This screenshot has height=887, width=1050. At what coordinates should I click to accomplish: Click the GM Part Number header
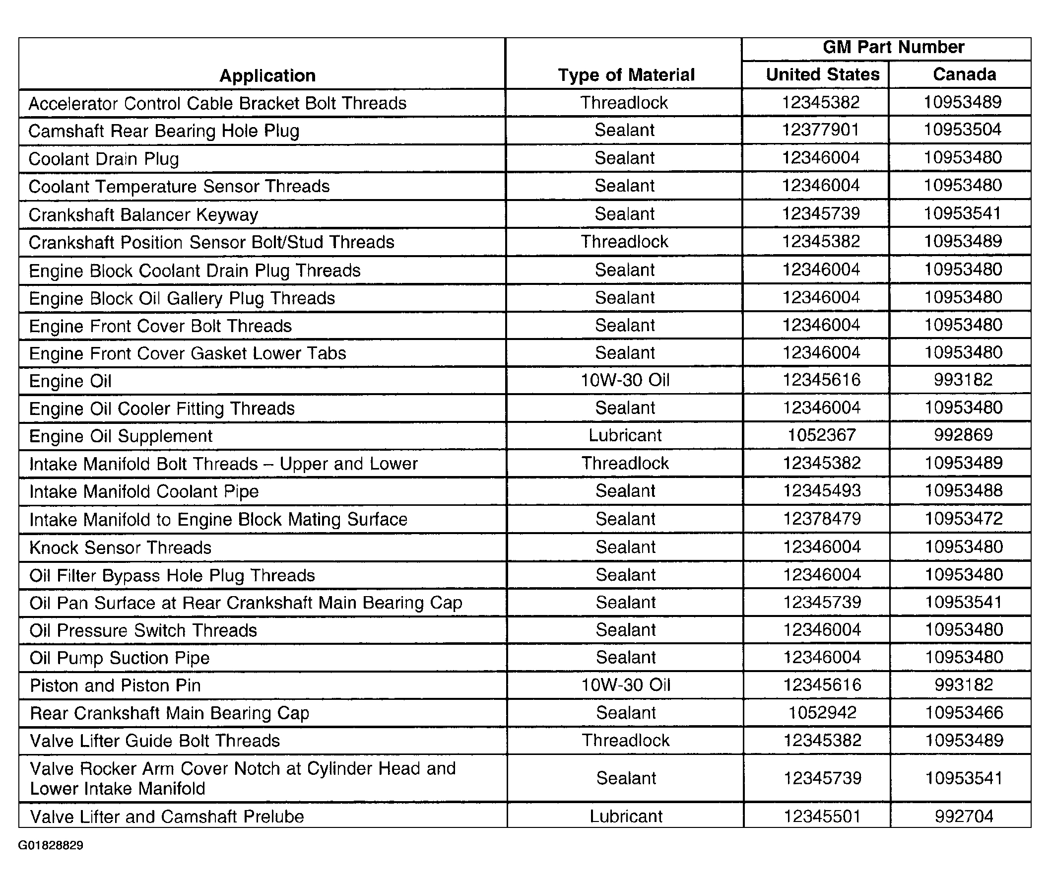[893, 47]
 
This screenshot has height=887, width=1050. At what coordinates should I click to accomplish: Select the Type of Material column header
[626, 75]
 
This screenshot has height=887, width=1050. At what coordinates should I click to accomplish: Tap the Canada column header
[964, 74]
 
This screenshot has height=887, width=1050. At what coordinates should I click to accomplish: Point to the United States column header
[822, 74]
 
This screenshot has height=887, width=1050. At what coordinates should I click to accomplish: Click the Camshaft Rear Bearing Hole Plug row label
[164, 131]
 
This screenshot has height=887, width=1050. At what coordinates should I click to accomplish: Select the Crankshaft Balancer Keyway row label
[143, 215]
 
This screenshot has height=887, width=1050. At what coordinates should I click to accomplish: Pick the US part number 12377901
[820, 130]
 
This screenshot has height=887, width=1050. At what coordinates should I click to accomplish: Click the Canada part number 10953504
[963, 130]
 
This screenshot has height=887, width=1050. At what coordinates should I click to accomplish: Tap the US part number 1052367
[821, 435]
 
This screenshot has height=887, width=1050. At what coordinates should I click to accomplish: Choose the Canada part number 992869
[964, 435]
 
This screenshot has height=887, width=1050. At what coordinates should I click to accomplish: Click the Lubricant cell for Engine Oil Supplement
[625, 435]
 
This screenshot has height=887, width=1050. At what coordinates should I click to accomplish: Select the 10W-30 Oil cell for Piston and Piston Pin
[626, 685]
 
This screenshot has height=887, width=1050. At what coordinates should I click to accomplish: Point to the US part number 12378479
[822, 519]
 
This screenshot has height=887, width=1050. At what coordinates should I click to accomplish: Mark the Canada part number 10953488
[964, 491]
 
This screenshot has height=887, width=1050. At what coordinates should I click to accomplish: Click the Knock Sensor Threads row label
[121, 547]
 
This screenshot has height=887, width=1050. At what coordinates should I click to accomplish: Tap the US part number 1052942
[822, 712]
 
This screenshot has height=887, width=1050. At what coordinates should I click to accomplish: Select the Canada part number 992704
[964, 816]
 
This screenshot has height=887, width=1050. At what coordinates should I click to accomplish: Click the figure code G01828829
[51, 845]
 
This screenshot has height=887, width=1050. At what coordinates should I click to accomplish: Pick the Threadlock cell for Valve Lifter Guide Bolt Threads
[626, 741]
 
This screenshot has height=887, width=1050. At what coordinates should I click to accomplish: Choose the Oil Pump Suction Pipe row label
[120, 658]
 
